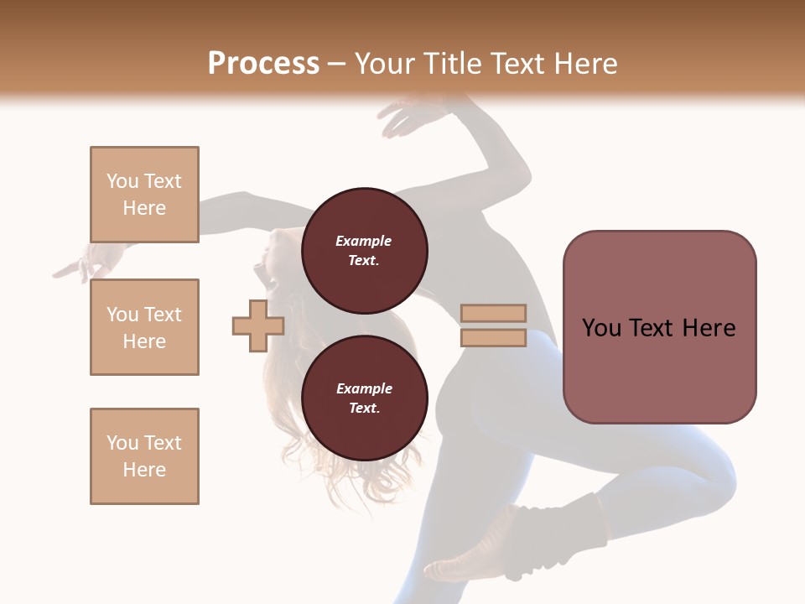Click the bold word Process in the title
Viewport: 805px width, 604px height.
[263, 64]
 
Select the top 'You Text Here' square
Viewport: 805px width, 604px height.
[144, 195]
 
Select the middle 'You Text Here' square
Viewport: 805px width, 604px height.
[144, 327]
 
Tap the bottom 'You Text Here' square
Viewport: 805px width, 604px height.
[144, 456]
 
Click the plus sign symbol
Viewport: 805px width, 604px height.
[258, 325]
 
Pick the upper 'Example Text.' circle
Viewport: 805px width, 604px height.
[364, 251]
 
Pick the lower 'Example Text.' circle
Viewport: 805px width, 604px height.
[364, 398]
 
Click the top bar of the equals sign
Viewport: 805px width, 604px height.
[493, 314]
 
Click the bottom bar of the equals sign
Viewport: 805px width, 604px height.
[493, 338]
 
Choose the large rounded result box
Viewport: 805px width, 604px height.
[659, 327]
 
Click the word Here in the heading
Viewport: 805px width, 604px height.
[584, 64]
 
